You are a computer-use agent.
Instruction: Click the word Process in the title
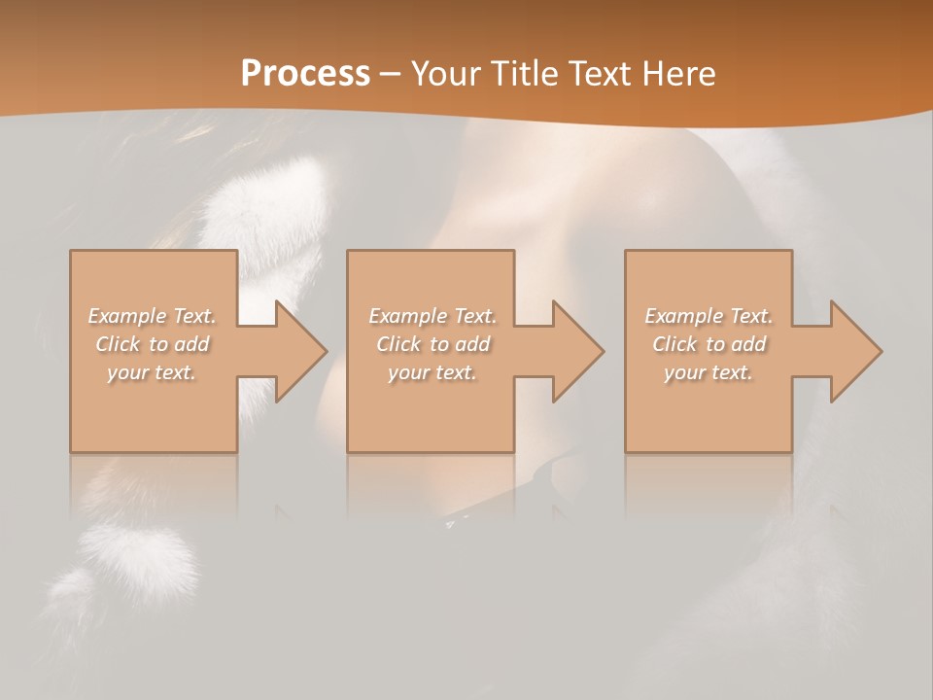[305, 74]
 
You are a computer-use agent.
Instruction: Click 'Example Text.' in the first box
[152, 316]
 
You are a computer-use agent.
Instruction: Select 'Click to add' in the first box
[152, 344]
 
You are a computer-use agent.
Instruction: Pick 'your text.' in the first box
[152, 372]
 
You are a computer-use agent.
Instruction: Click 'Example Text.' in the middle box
[432, 316]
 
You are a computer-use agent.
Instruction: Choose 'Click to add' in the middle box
[432, 344]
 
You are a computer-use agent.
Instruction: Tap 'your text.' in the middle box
[432, 372]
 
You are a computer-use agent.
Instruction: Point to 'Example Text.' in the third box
[708, 316]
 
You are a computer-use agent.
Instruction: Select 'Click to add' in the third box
[708, 344]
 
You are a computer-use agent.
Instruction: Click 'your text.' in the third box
[708, 372]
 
